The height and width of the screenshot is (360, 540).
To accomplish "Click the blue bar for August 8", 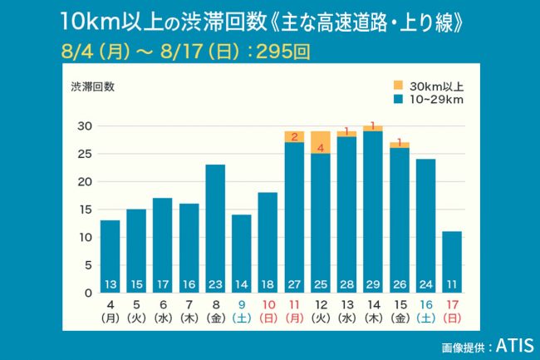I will pos(215,224).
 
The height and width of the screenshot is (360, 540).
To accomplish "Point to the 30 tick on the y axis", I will pos(83,126).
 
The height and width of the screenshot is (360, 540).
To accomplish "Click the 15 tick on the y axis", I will pos(83,210).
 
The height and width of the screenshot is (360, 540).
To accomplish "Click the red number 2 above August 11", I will pos(293,136).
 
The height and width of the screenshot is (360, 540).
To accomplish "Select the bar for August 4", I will pos(110,254).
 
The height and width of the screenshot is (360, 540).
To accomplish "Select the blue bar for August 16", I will pos(425,224).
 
